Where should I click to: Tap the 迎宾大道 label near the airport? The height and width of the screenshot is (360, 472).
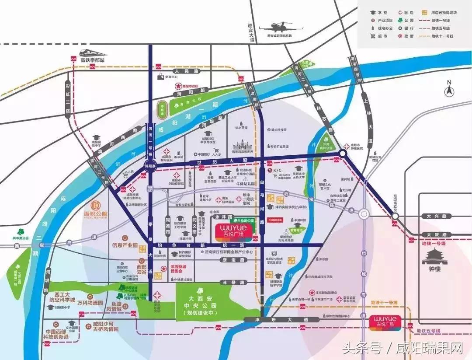tap(250, 32)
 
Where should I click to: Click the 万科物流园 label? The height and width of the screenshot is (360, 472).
tap(90, 302)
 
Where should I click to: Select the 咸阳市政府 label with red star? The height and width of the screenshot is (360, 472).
tap(188, 87)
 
